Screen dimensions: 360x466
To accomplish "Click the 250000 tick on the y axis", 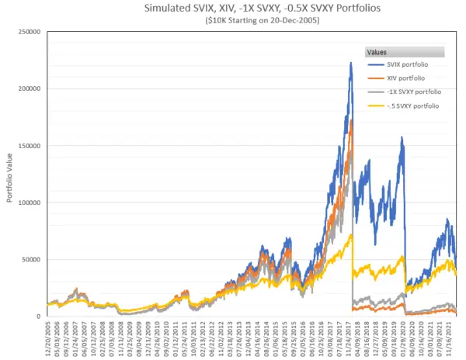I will (x=29, y=32).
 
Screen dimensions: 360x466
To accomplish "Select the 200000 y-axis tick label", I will (x=29, y=88).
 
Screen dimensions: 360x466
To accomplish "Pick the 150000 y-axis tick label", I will (x=29, y=146).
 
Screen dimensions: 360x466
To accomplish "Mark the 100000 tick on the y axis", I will (x=29, y=202).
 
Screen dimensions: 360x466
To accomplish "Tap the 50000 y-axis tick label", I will (x=31, y=259).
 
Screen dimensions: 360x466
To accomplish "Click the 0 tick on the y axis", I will (x=39, y=317).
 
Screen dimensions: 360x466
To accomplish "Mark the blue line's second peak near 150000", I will (x=402, y=138).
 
